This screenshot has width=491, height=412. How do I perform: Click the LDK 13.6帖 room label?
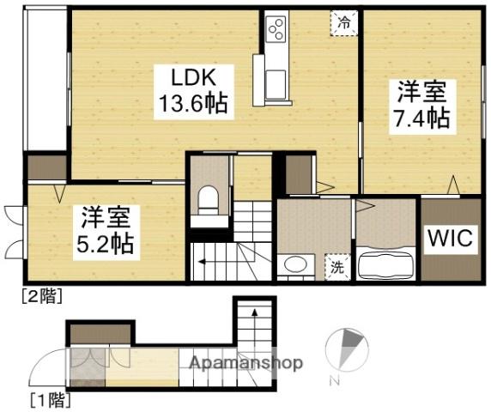click(194, 92)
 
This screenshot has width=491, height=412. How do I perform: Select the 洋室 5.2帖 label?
click(106, 233)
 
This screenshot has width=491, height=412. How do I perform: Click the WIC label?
click(451, 239)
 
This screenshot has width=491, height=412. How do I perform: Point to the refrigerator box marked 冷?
click(344, 23)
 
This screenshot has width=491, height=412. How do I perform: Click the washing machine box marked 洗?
click(337, 267)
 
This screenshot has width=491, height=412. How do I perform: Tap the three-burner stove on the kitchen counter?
click(276, 29)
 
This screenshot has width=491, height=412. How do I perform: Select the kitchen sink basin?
click(276, 84)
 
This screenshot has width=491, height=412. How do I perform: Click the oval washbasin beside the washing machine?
click(295, 264)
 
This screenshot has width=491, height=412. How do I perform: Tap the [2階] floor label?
click(42, 295)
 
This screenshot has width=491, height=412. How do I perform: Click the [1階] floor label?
click(50, 399)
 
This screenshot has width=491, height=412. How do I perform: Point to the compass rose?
click(347, 349)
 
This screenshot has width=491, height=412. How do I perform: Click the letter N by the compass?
click(335, 382)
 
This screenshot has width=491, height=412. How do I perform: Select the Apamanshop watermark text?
click(246, 363)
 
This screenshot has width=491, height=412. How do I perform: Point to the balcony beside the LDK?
click(45, 80)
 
